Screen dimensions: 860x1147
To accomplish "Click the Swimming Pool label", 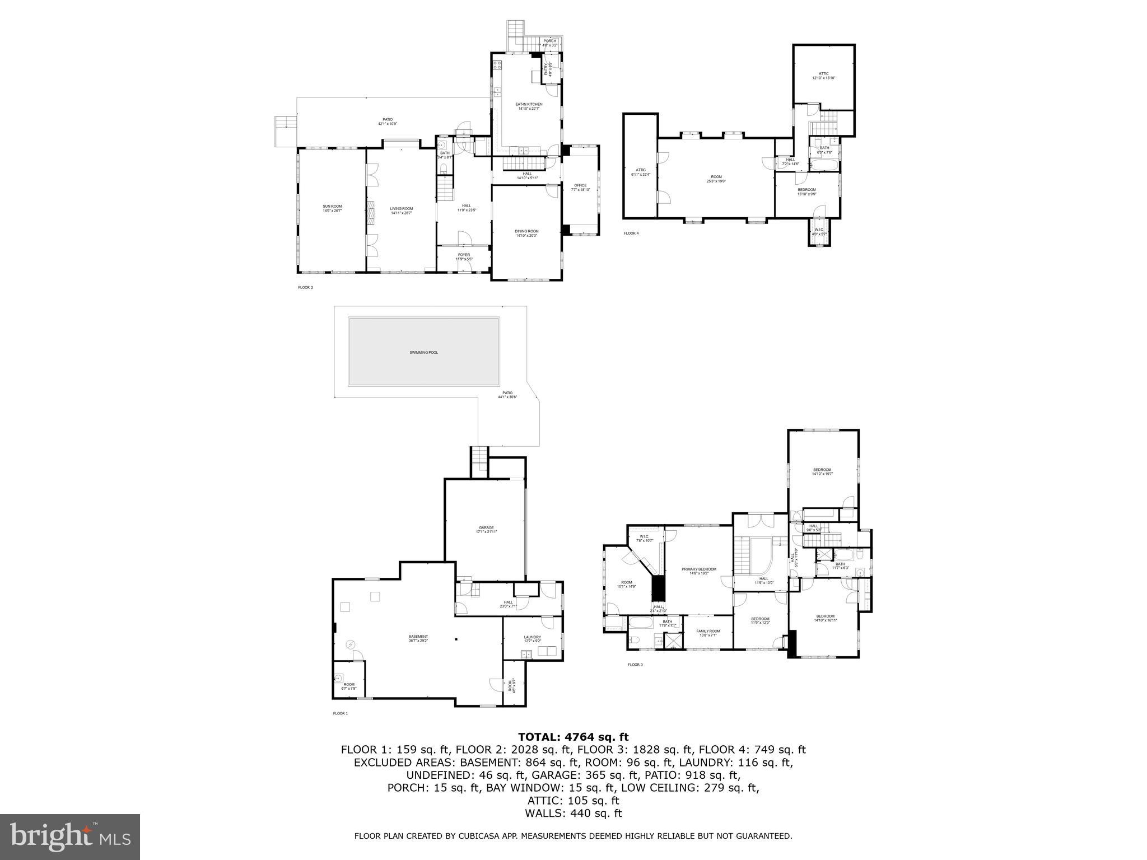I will pos(423,353).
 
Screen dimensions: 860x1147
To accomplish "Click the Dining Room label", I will pos(526,233).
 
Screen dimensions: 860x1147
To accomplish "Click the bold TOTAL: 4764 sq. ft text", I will pos(573,737).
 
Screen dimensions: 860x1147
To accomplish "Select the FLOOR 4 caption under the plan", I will pos(631,233).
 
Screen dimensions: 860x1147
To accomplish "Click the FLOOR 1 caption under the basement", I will pos(340,713).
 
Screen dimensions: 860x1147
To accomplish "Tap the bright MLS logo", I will pos(70,836).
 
